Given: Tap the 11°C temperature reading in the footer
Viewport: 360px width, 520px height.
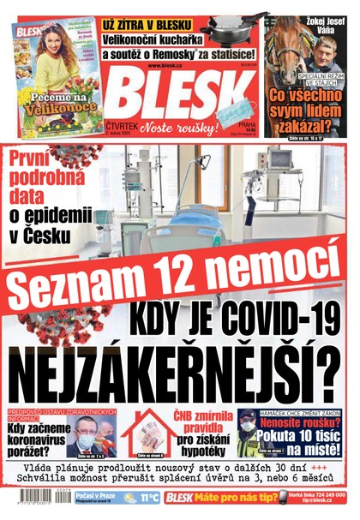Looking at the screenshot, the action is [149, 497].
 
